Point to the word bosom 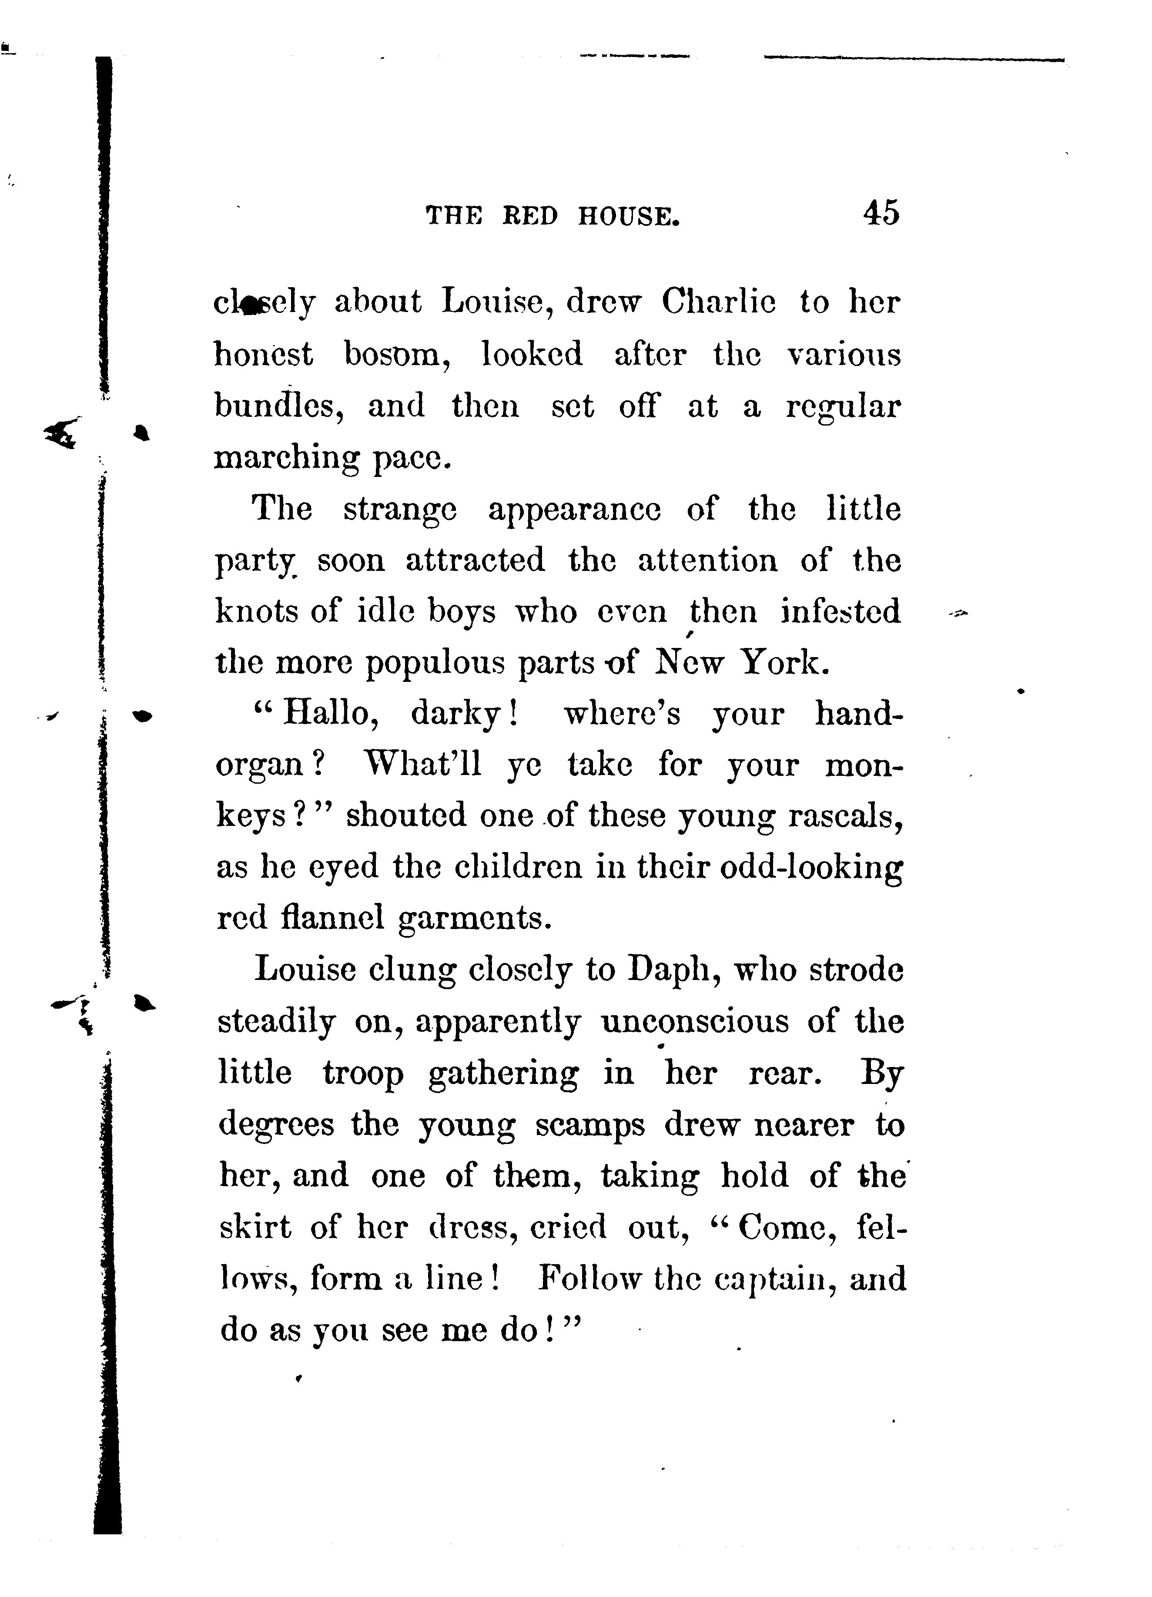click(x=398, y=354)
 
